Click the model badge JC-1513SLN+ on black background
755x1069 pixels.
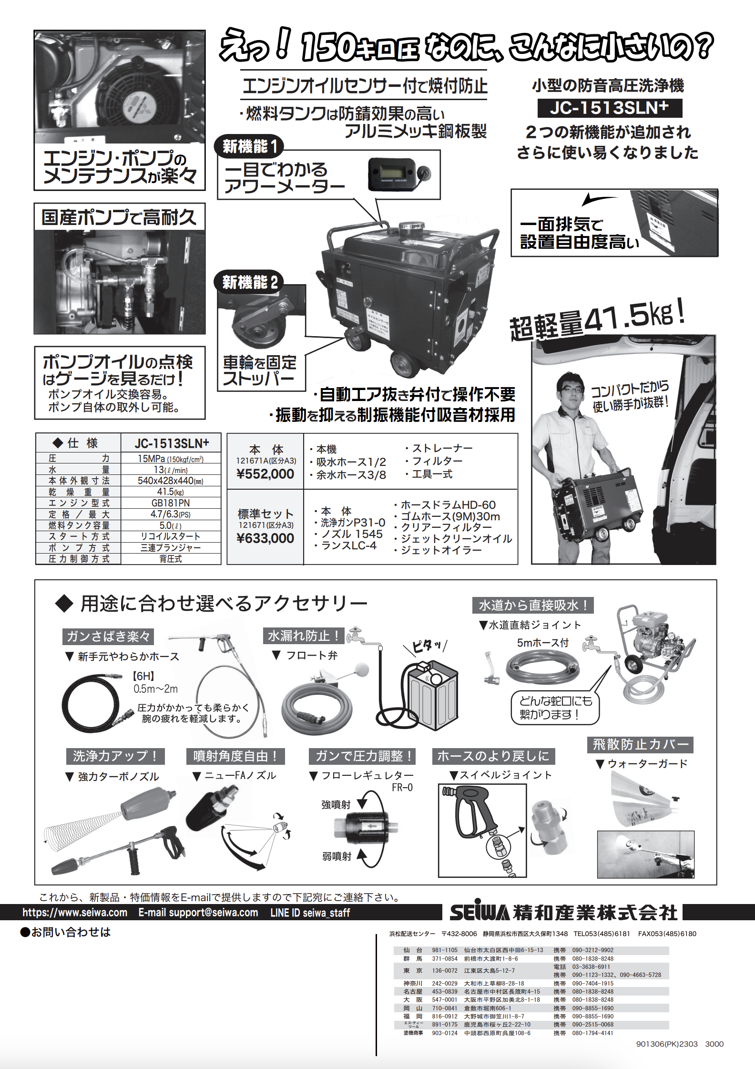coord(609,108)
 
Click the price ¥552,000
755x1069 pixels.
coord(265,473)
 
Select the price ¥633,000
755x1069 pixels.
coord(265,538)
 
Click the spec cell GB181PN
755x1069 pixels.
coord(171,503)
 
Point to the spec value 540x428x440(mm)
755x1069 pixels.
coord(171,481)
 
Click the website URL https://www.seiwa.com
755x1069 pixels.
coord(75,913)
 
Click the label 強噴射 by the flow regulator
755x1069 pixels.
coord(336,804)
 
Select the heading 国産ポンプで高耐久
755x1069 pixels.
coord(119,217)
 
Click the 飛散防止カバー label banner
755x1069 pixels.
coord(640,744)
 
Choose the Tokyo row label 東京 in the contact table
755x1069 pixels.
coord(413,970)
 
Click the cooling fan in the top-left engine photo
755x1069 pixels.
coord(131,103)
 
